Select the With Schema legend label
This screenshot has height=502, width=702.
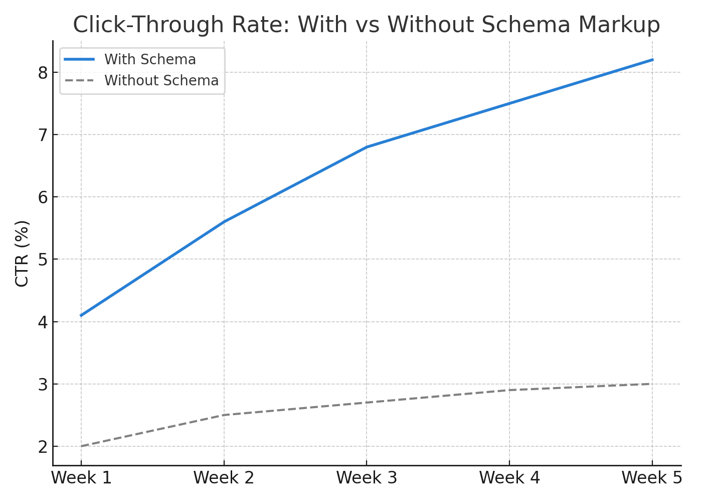point(150,59)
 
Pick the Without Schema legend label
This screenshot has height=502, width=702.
point(161,80)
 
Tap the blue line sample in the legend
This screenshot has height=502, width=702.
point(79,59)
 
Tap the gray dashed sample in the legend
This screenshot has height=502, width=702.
point(79,80)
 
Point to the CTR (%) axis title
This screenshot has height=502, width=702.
point(22,254)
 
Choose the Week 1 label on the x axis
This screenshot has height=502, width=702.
point(81,478)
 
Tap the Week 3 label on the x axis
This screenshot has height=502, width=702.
point(367,478)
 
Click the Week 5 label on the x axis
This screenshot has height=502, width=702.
point(652,478)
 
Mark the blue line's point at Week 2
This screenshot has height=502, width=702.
point(224,221)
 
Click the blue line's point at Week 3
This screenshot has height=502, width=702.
point(367,147)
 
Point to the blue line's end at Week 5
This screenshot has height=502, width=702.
point(652,60)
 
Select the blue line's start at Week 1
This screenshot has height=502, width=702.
point(81,315)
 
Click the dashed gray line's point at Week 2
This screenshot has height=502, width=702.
point(224,415)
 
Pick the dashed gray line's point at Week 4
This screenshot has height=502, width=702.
point(509,390)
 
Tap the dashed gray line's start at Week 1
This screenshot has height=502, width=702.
point(81,446)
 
